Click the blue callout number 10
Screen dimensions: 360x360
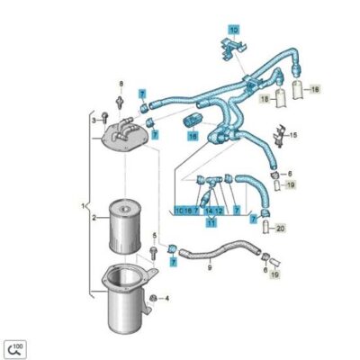233,30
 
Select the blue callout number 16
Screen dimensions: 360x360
193,136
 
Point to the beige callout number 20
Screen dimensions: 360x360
280,229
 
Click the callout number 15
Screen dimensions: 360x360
292,136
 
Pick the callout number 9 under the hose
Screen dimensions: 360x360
209,266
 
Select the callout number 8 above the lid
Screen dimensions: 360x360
120,85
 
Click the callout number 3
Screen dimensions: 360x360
92,117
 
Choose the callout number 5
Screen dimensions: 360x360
154,236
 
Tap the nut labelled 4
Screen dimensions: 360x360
155,298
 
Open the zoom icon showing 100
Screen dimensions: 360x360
15,347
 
